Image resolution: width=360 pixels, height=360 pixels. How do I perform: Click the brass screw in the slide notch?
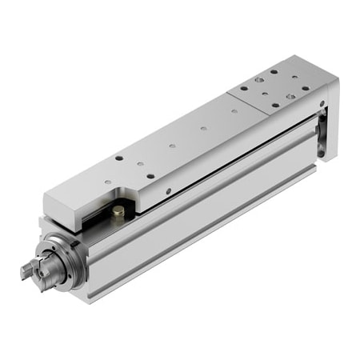point(118,212)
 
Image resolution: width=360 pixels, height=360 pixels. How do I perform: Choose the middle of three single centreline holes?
point(171,146)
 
